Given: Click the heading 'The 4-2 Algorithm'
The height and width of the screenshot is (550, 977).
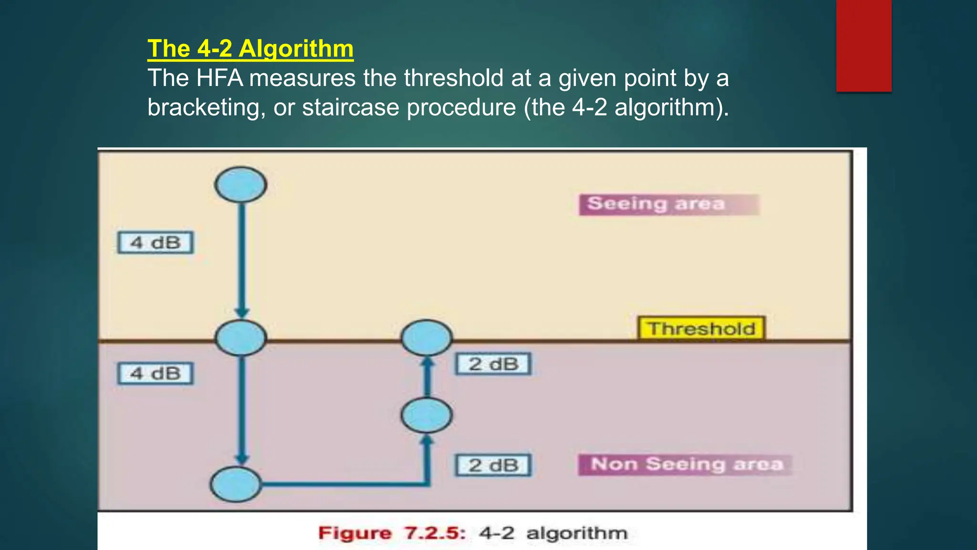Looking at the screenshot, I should click(250, 49).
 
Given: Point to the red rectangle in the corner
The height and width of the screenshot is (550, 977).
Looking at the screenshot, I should click(863, 45).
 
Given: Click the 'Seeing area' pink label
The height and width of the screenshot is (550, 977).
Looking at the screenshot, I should click(668, 204).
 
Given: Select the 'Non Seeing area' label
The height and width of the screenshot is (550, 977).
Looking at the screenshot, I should click(686, 465).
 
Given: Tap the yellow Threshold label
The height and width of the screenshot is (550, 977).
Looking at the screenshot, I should click(701, 328).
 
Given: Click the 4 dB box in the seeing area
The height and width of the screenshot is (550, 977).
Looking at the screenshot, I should click(156, 243).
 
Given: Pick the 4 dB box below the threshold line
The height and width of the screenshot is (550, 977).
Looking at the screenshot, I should click(156, 373).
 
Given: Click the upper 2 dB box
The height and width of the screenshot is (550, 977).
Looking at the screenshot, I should click(493, 364).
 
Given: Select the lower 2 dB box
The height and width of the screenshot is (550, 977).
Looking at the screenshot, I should click(493, 465).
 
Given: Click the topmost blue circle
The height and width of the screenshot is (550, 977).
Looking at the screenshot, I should click(240, 185).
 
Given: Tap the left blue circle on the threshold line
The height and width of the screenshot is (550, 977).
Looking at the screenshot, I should click(240, 338).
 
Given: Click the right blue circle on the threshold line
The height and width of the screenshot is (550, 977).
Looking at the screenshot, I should click(426, 338).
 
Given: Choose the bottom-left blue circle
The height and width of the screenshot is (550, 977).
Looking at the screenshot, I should click(236, 484).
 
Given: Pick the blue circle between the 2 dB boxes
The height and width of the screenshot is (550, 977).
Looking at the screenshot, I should click(426, 415).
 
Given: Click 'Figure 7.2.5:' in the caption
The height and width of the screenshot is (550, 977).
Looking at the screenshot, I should click(392, 533).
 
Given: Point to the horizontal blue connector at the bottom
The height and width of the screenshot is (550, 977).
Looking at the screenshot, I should click(343, 485).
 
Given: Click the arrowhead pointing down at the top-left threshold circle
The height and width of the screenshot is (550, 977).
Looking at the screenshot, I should click(242, 313).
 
